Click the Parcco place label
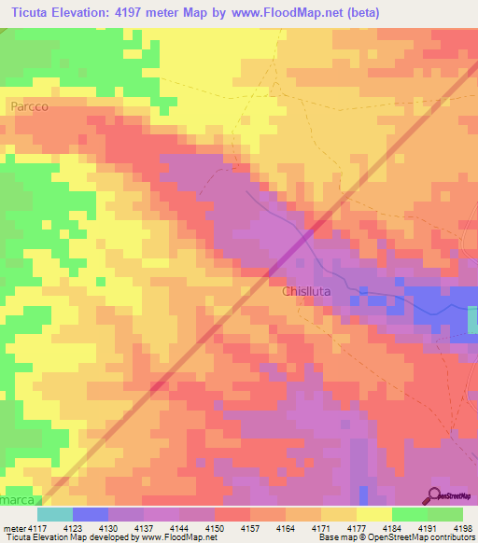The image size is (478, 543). coord(30,107)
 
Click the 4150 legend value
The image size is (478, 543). coord(214,527)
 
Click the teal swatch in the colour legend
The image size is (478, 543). coord(54,514)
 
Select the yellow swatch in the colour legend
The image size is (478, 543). coord(373,514)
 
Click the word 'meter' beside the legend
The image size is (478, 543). coord(13,527)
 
